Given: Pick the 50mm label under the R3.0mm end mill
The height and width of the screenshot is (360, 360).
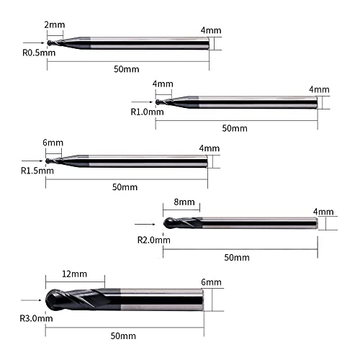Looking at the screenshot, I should [x=123, y=336].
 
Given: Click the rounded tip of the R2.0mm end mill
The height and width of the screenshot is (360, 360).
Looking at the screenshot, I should [x=168, y=224].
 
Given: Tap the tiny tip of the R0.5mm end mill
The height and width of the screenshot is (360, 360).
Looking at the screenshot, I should [x=49, y=43].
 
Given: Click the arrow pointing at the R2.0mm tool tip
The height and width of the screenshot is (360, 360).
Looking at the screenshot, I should [x=150, y=224].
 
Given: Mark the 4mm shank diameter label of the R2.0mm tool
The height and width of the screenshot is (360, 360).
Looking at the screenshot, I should [x=324, y=212].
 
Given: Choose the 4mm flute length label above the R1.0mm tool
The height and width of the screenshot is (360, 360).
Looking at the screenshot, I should [x=163, y=84].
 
